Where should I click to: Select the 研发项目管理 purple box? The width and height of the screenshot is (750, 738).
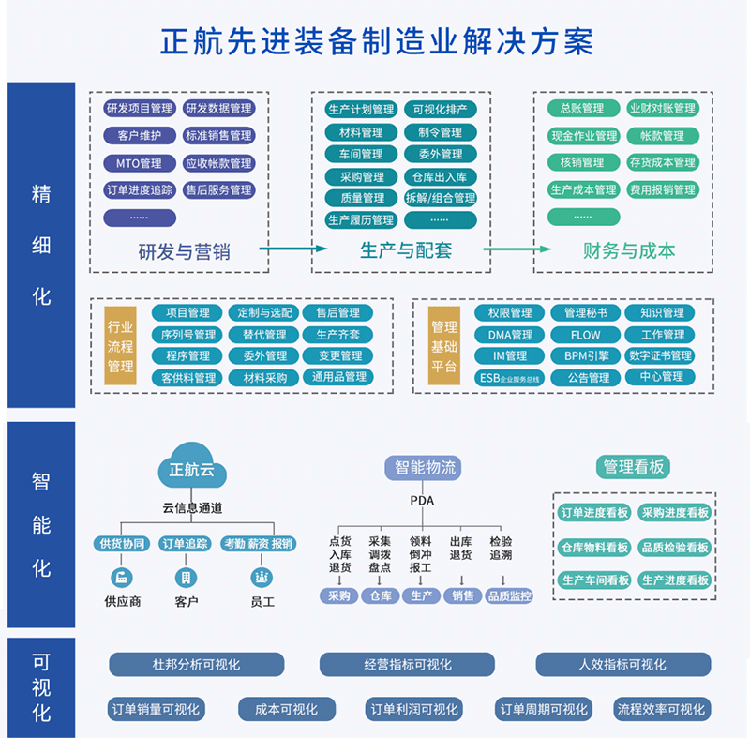pyautogui.click(x=140, y=109)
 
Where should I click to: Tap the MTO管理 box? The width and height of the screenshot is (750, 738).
pyautogui.click(x=140, y=163)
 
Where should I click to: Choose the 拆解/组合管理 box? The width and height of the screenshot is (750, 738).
pyautogui.click(x=440, y=198)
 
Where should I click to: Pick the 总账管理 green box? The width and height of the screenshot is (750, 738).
pyautogui.click(x=582, y=109)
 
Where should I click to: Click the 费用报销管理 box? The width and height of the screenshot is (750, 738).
pyautogui.click(x=663, y=189)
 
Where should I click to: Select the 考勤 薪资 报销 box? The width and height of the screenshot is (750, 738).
pyautogui.click(x=257, y=544)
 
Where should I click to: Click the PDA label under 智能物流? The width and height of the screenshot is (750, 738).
pyautogui.click(x=423, y=500)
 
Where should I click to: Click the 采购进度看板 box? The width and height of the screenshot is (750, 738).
pyautogui.click(x=674, y=513)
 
